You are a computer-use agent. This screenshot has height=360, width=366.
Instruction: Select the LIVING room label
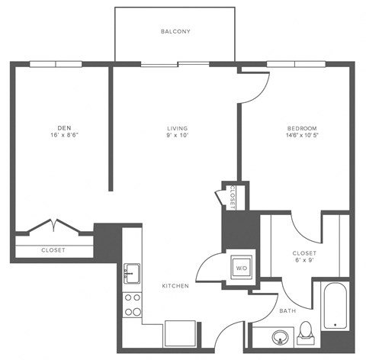(x=178, y=128)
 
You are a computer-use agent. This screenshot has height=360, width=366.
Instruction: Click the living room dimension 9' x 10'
(x=178, y=137)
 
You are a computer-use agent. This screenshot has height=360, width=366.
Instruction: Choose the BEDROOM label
(x=302, y=128)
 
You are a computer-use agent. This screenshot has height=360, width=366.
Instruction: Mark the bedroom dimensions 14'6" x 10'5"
(x=302, y=137)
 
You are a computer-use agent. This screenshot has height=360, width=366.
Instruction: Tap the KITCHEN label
(x=175, y=286)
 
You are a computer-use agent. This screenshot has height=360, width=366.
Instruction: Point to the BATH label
(x=287, y=310)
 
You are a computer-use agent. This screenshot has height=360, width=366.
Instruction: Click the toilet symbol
(x=306, y=330)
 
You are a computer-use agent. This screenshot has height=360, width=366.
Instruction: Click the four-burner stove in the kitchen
(x=132, y=304)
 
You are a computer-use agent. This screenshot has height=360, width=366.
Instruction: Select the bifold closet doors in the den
(x=53, y=227)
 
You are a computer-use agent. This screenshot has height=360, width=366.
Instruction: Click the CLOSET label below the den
(x=53, y=250)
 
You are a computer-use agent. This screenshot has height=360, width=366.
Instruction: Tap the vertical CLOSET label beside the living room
(x=231, y=197)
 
